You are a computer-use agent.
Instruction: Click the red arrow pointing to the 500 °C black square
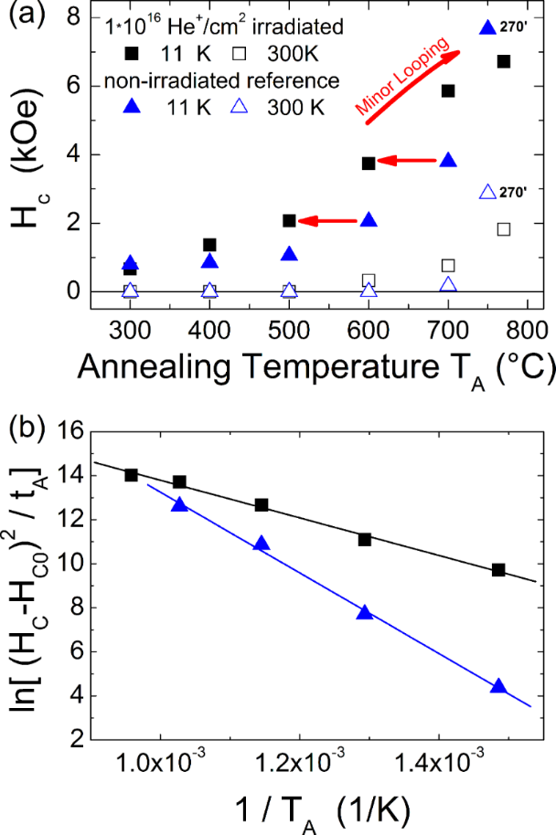click(x=326, y=221)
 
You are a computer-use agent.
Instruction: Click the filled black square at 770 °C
click(x=503, y=61)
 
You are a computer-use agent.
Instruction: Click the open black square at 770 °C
click(x=503, y=228)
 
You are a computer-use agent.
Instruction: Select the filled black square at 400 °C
click(x=209, y=245)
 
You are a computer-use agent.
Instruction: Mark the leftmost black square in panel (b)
click(x=132, y=475)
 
